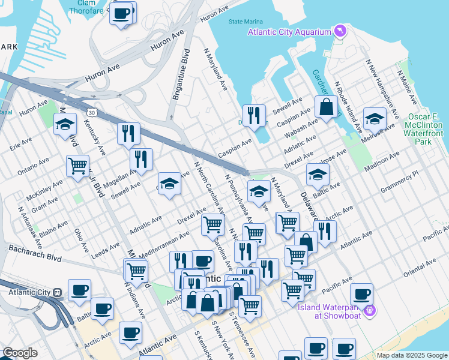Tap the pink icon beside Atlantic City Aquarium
click(x=341, y=31)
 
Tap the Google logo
click(x=20, y=353)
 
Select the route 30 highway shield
click(x=91, y=112)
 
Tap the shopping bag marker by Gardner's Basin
click(x=326, y=107)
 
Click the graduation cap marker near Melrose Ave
click(x=375, y=119)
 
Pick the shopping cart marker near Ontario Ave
click(x=77, y=166)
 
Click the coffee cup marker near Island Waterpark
click(x=361, y=295)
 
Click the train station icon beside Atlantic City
click(x=57, y=292)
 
